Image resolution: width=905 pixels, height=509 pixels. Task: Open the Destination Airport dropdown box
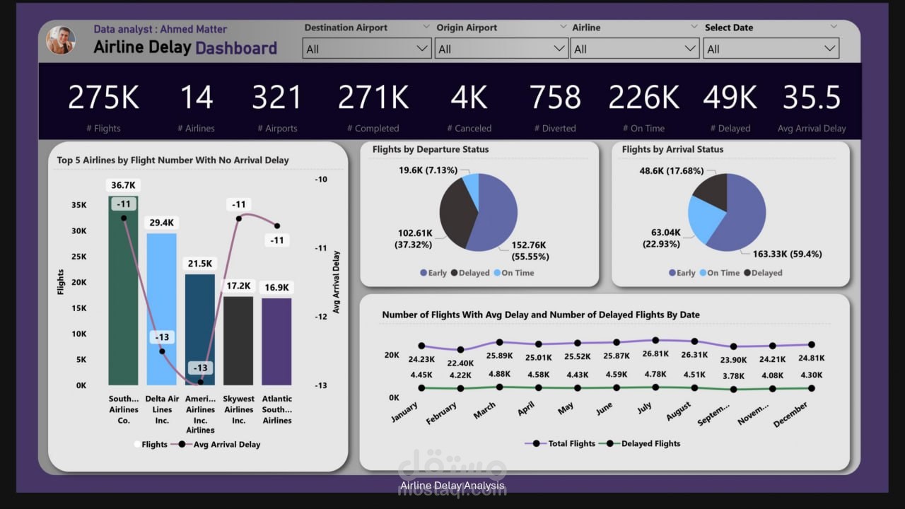[x=366, y=49]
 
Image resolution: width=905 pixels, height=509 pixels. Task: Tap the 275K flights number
[x=103, y=98]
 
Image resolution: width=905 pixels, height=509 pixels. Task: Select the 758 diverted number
[x=555, y=98]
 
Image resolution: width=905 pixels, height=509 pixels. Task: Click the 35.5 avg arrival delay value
[x=811, y=98]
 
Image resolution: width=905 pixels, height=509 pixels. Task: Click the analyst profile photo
[x=61, y=40]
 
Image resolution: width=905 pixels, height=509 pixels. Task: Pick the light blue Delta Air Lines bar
[x=161, y=311]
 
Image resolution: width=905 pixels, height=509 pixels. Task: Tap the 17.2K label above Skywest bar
[x=238, y=286]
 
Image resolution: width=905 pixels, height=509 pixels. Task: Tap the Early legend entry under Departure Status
[x=433, y=273]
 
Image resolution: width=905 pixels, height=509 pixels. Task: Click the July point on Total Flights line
[x=655, y=340]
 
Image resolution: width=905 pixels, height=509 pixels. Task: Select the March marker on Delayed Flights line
[x=499, y=387]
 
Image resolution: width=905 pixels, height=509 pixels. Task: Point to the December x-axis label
[x=790, y=414]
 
